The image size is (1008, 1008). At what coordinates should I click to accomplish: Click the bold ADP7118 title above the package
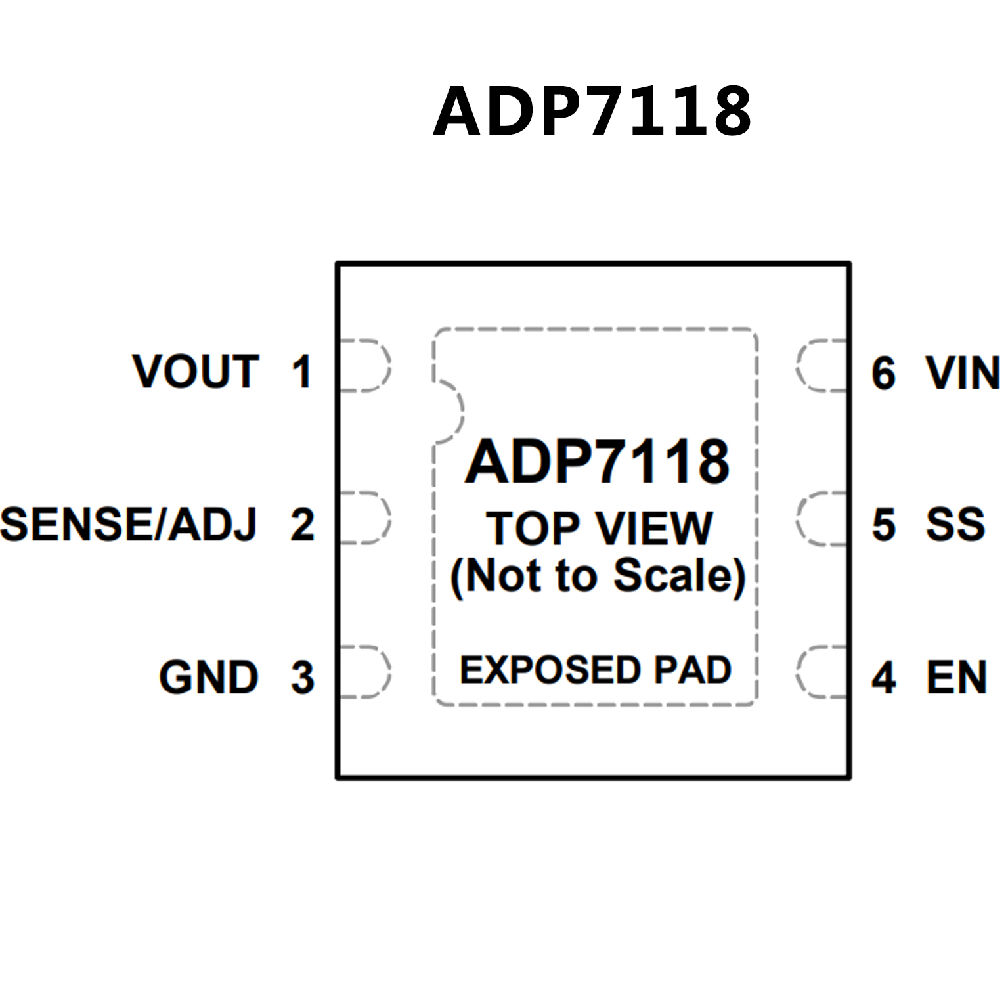(592, 112)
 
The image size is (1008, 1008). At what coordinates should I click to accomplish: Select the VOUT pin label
(196, 372)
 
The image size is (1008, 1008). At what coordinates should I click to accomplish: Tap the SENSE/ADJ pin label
(129, 525)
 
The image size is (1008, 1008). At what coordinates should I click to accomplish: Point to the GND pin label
(209, 677)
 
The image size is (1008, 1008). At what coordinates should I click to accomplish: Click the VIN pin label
(963, 373)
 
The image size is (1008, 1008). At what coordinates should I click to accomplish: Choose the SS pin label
(955, 525)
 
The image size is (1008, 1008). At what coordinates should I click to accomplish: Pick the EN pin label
(957, 677)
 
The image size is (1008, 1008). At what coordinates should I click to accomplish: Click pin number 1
(301, 372)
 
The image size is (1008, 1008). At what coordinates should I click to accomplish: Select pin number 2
(303, 525)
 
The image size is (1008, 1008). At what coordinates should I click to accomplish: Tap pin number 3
(303, 677)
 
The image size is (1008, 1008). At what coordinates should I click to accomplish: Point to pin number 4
(884, 677)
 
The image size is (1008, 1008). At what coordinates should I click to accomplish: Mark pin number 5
(884, 525)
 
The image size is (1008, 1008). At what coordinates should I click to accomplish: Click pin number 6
(884, 373)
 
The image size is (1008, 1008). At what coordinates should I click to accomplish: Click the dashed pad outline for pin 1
(365, 366)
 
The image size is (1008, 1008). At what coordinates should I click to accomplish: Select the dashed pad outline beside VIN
(822, 366)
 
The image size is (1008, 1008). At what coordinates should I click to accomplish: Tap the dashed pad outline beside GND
(365, 671)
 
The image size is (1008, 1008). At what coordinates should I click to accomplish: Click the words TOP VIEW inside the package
(599, 529)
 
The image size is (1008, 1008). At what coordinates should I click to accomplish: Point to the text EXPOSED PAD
(596, 670)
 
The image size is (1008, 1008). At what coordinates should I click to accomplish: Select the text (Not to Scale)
(598, 576)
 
